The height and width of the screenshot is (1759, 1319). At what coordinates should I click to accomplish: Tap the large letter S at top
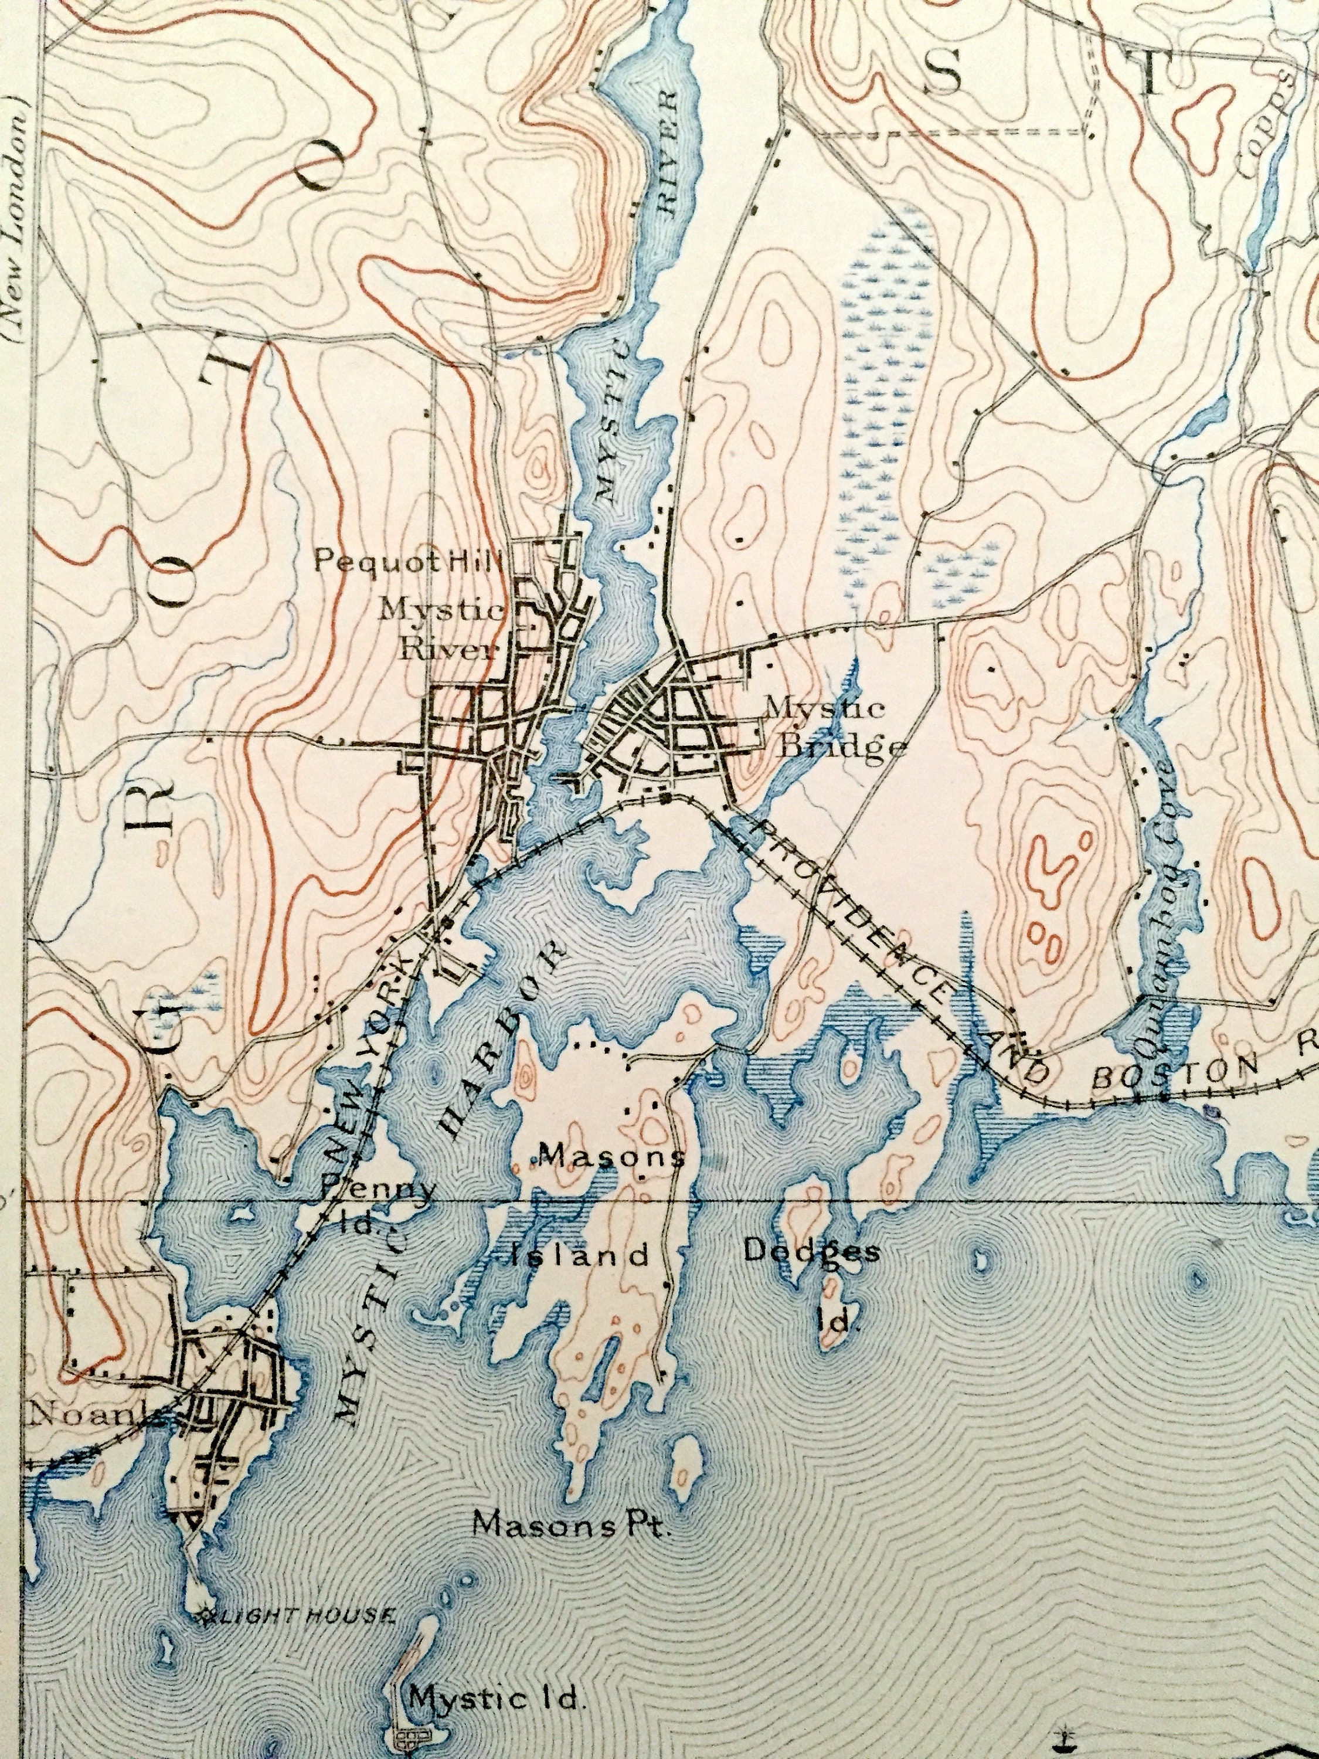click(x=944, y=73)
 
